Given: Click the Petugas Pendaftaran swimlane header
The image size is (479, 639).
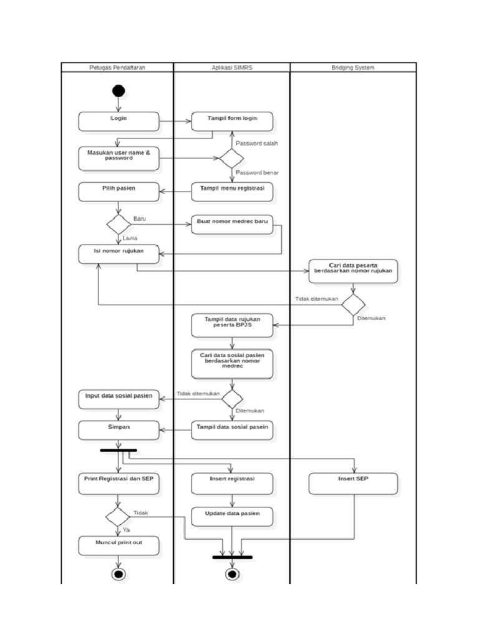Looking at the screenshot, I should pos(117,67).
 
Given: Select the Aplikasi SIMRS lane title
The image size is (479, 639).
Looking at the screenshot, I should pos(231,67).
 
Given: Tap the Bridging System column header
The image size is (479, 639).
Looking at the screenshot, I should pos(353,67).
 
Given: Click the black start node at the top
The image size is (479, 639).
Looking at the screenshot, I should pos(119,91).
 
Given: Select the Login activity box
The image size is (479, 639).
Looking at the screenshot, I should pos(119,121).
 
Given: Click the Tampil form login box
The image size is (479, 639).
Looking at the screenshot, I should pos(232,121).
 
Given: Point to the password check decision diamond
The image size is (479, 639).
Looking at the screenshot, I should pos(231,158).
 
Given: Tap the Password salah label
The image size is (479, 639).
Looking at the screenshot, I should pos(256,144).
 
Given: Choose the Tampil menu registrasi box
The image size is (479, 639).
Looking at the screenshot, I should pos(232,192).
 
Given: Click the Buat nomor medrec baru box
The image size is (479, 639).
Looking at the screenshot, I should pos(232,225).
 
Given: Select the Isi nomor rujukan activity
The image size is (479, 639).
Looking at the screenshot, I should pos(119,253).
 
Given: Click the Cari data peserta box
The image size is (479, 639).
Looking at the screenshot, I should pos(353,271).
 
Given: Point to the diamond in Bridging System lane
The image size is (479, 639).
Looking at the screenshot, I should pos(353,305).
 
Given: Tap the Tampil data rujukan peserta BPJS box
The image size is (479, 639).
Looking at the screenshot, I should pos(232,325).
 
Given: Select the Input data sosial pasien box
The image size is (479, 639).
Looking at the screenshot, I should pos(119,399).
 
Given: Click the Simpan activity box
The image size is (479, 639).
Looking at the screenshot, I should pos(119,429).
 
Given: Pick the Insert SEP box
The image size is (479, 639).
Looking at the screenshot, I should pos(353,484).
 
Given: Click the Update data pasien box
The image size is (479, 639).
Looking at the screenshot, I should pos(232,517).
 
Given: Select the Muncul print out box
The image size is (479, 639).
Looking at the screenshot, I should pos(119,546).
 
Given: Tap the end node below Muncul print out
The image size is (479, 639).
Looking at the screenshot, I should pos(119,574).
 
